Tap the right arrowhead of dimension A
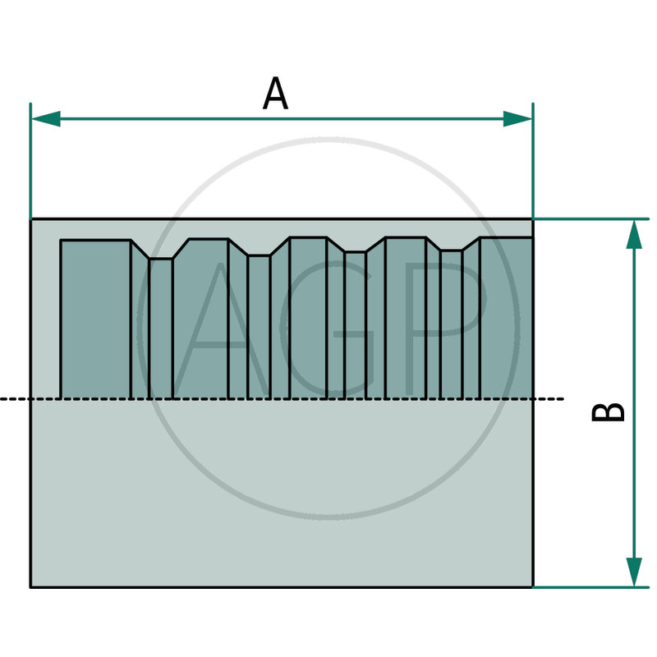click(518, 119)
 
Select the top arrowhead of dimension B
click(634, 234)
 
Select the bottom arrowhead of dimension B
click(634, 572)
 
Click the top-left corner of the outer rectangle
click(31, 220)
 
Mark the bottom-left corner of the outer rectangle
click(31, 587)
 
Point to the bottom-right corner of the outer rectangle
click(533, 587)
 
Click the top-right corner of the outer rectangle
click(533, 220)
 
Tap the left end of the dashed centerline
click(2, 399)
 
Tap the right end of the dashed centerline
click(563, 399)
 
